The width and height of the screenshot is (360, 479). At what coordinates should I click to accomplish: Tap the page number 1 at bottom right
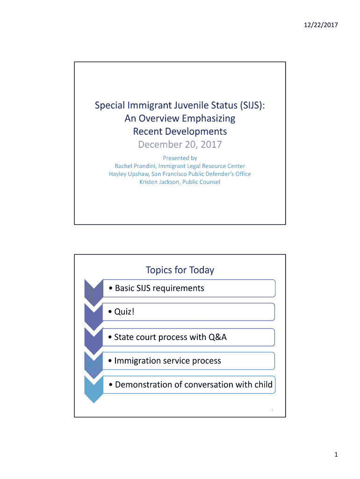coord(336,455)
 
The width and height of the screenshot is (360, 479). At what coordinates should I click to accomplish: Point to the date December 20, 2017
coord(180,145)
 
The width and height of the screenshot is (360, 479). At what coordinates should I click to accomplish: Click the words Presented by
coord(180,158)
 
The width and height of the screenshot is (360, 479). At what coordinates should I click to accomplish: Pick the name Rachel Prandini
coord(135,166)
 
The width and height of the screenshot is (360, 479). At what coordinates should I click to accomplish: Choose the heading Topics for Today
coord(180,270)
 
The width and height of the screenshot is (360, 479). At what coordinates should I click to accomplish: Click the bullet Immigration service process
coord(167,361)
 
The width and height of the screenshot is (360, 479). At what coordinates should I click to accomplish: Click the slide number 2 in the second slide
coord(272,410)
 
